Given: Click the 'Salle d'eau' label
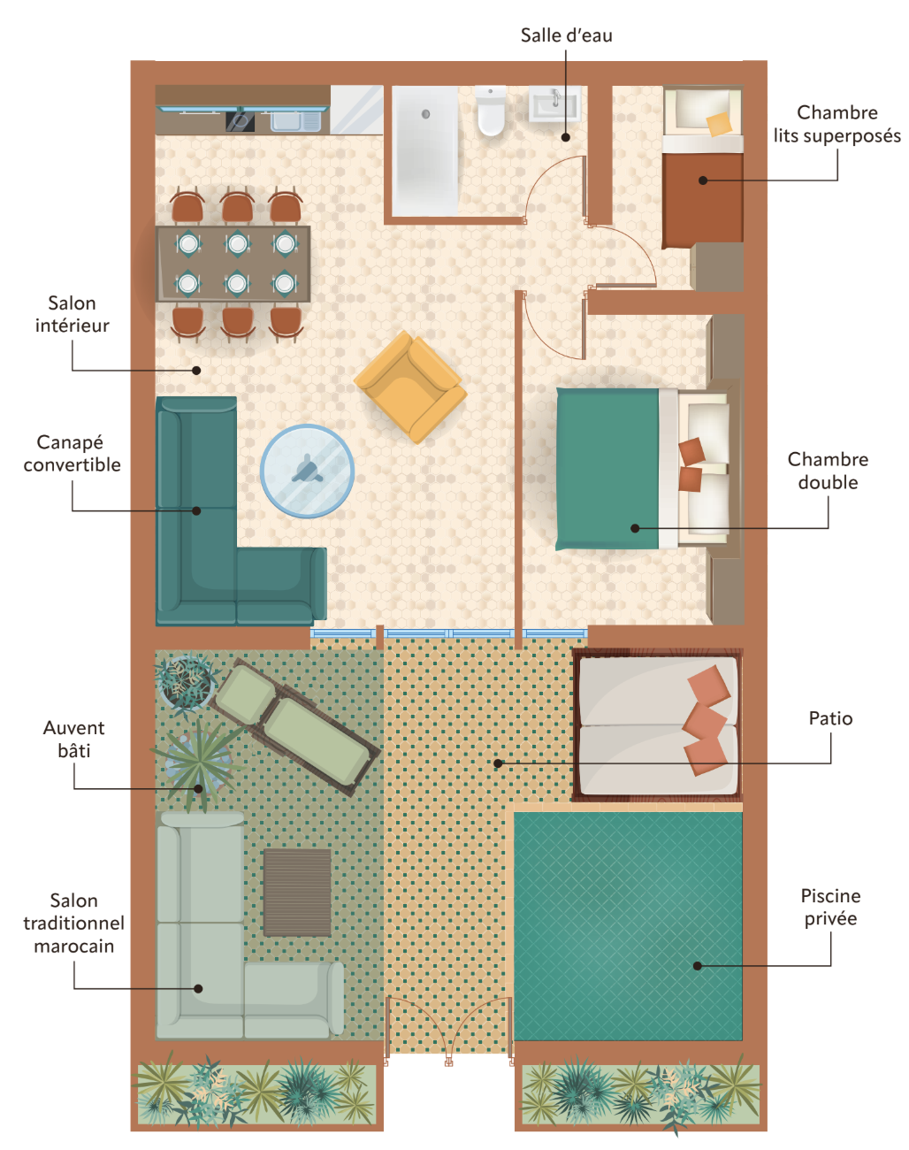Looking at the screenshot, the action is tap(566, 35).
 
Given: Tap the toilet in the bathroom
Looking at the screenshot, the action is tap(490, 111).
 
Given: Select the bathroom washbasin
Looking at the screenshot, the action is tap(554, 103).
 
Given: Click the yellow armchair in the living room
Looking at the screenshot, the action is tap(410, 387).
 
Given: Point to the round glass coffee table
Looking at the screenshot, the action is tap(307, 471).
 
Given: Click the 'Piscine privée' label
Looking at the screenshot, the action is tap(830, 907).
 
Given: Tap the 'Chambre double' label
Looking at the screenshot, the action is tap(828, 471).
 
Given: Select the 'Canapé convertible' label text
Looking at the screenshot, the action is tap(73, 453).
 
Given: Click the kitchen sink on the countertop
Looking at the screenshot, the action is tap(296, 121).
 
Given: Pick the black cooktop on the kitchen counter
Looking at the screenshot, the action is tap(240, 121).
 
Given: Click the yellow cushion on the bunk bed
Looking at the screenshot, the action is tap(719, 124).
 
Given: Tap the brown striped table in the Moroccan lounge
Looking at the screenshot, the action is tap(297, 893).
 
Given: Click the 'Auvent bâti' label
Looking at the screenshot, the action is tap(73, 739).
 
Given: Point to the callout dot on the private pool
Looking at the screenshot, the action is tap(698, 966).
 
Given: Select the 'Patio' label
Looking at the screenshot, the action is tap(830, 718).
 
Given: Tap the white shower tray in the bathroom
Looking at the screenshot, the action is tap(425, 151).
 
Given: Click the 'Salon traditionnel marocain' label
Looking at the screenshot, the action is tap(73, 923).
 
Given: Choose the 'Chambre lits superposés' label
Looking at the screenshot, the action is tap(836, 124).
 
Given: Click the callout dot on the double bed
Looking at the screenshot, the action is tap(635, 528).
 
